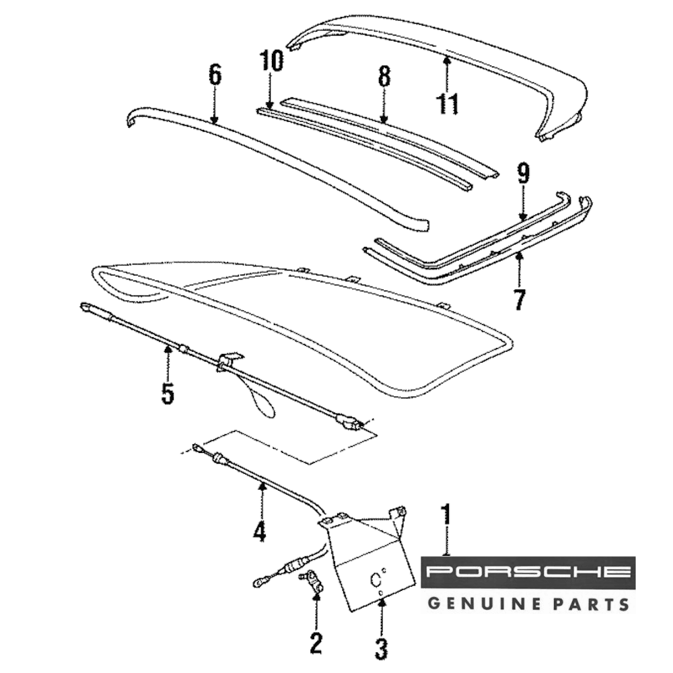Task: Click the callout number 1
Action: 446,518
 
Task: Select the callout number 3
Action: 381,649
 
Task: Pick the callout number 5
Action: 168,393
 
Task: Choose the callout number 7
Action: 518,299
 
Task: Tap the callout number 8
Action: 384,77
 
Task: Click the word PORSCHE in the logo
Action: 528,572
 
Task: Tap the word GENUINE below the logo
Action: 483,602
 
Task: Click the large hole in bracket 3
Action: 374,579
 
